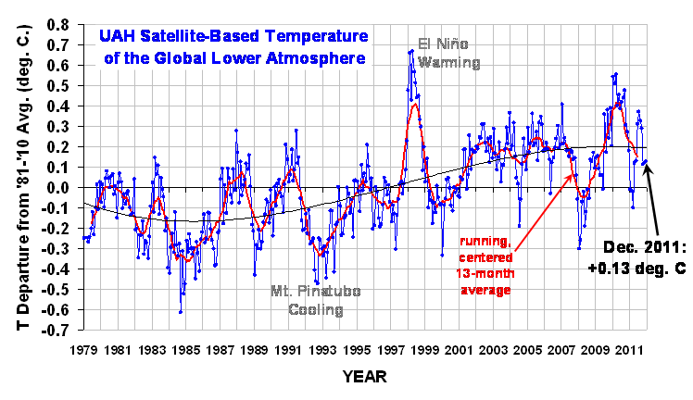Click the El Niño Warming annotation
pos(449,53)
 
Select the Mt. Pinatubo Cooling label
pos(315,301)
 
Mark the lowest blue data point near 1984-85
pos(181,312)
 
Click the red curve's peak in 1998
pos(415,103)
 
